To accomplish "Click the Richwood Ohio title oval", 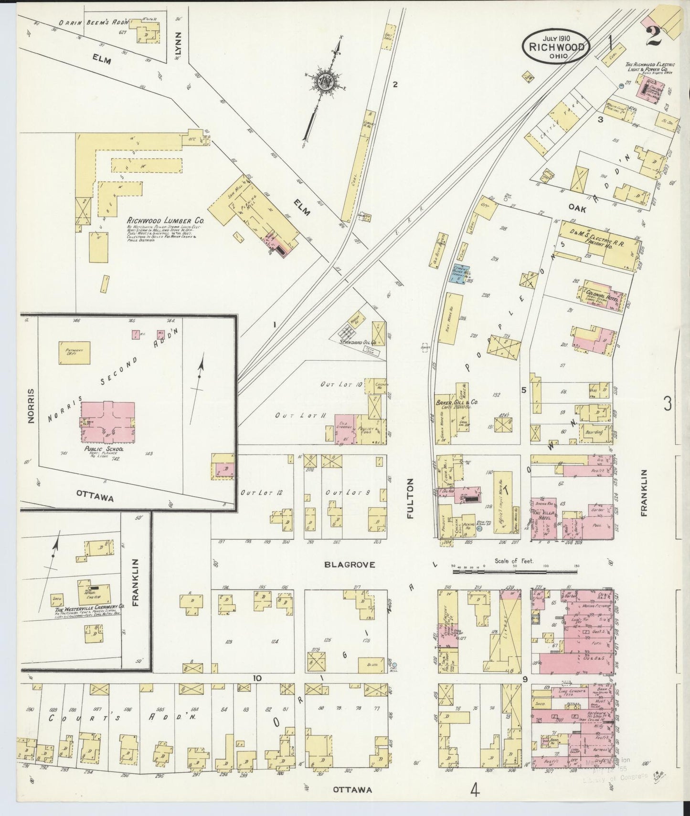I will click(x=556, y=46).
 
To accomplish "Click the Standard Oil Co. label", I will click(x=358, y=342).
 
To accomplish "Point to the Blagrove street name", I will click(x=350, y=565).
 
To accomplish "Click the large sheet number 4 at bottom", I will click(x=474, y=790).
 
